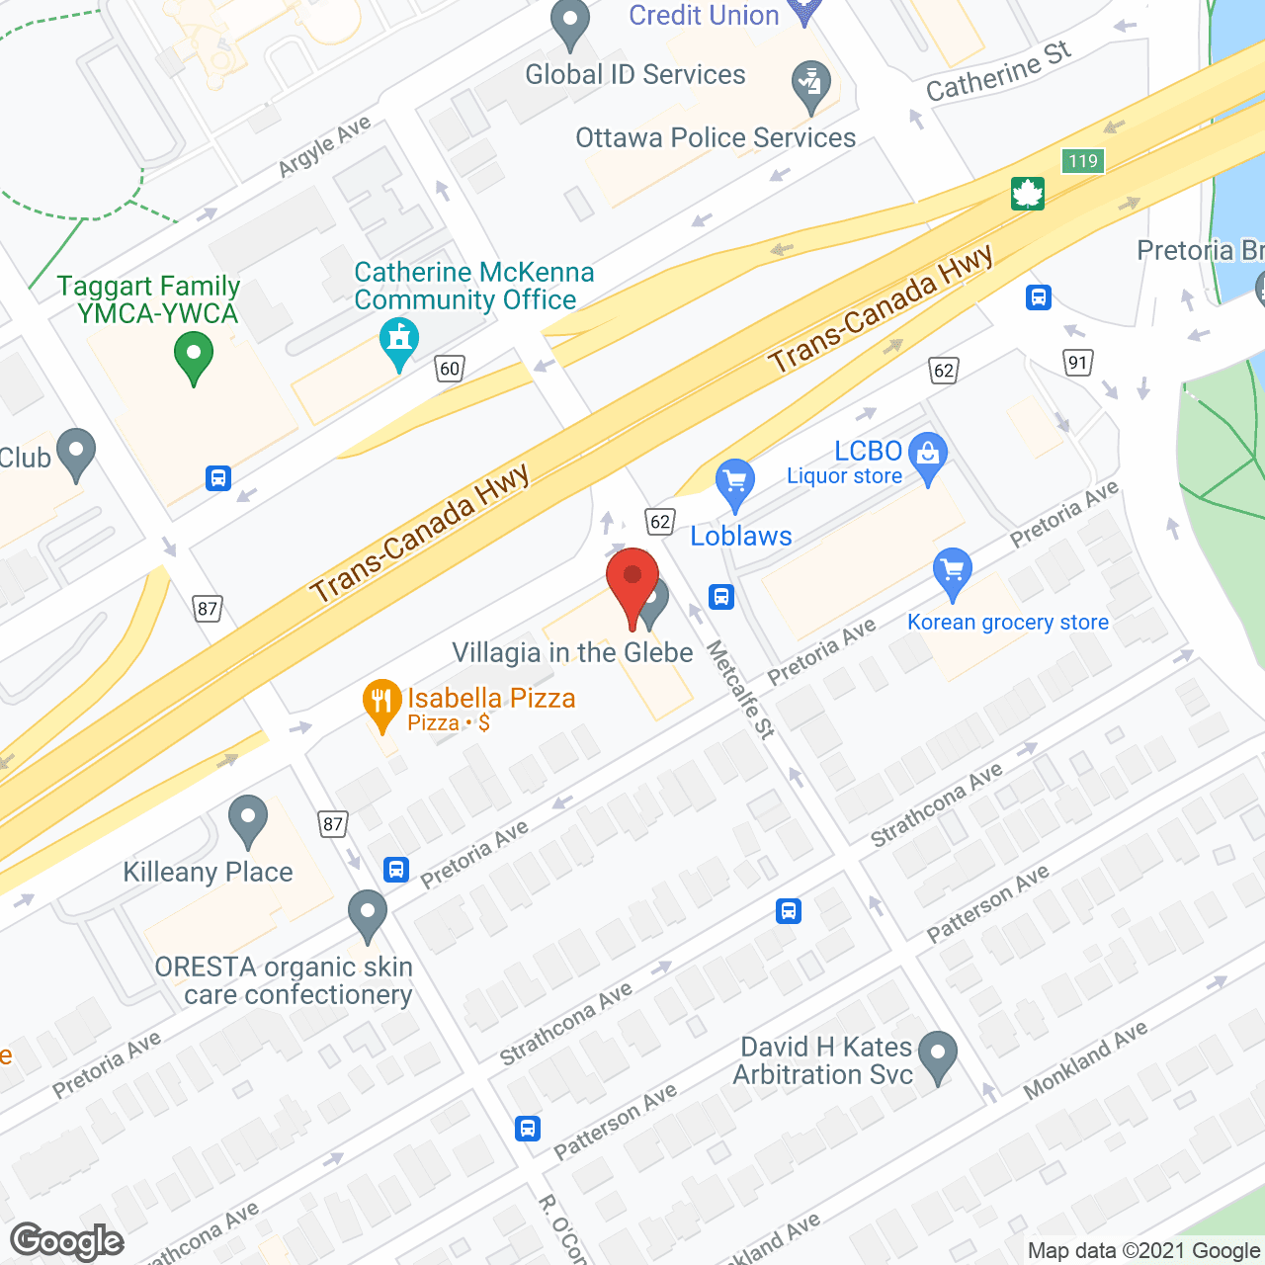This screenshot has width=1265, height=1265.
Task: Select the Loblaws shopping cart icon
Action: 735,483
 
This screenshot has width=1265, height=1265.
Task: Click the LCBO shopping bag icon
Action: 927,456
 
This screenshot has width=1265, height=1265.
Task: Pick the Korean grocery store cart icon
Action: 952,572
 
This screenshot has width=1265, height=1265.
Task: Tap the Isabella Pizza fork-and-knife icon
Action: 381,703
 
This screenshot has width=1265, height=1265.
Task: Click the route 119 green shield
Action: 1083,161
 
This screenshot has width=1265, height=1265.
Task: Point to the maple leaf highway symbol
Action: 1028,194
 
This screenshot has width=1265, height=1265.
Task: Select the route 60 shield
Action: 450,369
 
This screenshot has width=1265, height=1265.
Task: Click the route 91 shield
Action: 1077,362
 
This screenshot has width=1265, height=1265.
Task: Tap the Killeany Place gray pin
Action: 247,819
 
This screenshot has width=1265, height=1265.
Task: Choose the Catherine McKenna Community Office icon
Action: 399,341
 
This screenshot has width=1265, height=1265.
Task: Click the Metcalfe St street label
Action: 740,690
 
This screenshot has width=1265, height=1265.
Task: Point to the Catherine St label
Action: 998,71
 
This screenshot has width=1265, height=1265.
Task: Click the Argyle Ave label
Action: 324,145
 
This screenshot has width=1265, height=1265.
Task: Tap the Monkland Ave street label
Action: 1085,1059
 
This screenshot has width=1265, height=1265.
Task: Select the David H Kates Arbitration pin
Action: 937,1055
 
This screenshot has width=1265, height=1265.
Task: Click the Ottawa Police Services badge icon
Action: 811,86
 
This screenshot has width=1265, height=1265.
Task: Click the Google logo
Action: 67,1241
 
